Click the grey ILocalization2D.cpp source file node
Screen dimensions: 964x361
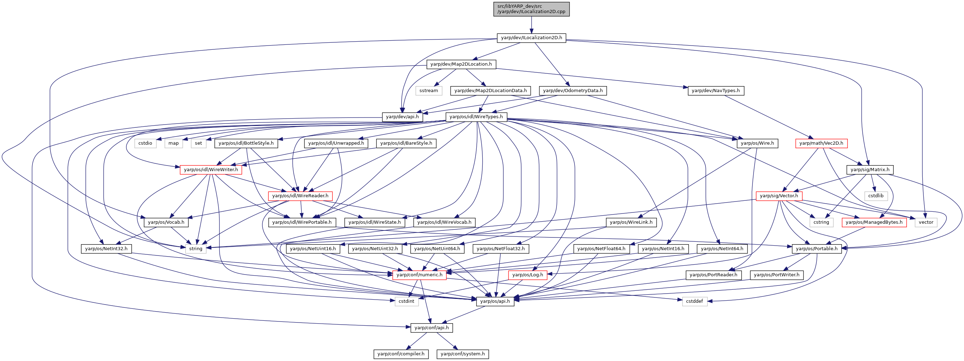(x=531, y=9)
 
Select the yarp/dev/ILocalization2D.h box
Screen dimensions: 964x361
(x=531, y=38)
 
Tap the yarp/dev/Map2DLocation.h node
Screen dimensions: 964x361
(x=461, y=64)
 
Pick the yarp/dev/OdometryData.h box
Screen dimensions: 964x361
(x=572, y=91)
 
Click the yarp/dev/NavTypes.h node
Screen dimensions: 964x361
(x=716, y=91)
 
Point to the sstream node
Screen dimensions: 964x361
(x=428, y=91)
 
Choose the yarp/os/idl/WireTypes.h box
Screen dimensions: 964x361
(x=476, y=117)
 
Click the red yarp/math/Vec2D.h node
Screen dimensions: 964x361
(x=821, y=143)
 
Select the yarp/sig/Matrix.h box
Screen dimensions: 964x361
(x=870, y=170)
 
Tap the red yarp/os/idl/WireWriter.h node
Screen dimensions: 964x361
(x=211, y=170)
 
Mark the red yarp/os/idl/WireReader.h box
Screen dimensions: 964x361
(x=300, y=196)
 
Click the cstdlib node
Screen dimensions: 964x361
(x=876, y=196)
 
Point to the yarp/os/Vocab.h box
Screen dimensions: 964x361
(x=166, y=222)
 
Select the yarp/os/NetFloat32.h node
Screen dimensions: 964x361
(x=501, y=249)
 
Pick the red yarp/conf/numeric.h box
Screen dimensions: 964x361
(x=419, y=275)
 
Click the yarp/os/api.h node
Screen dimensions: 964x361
(x=495, y=301)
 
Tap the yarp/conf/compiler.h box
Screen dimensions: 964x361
(x=401, y=354)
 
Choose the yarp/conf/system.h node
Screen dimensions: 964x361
(x=463, y=354)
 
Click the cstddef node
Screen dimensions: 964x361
(x=695, y=301)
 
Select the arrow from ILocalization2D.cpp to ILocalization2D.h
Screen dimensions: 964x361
(x=531, y=25)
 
